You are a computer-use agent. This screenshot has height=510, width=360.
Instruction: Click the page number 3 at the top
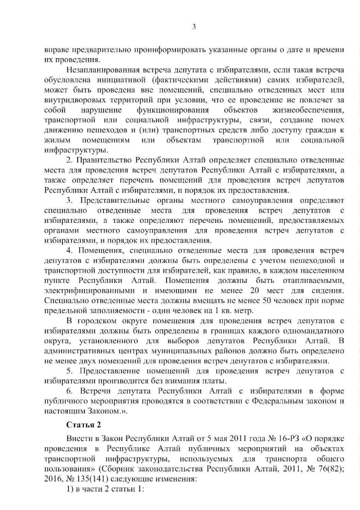[x=194, y=27]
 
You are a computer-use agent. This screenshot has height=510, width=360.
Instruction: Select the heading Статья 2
[x=83, y=424]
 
